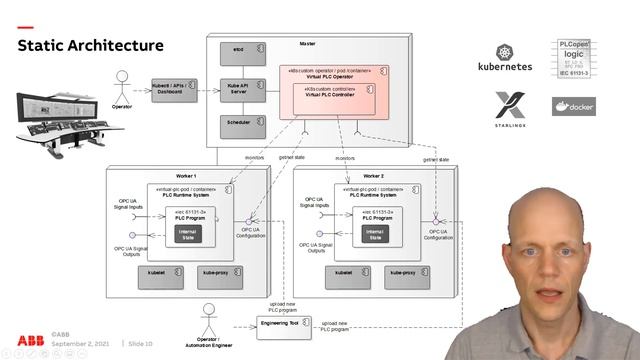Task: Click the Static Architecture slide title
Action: pyautogui.click(x=90, y=45)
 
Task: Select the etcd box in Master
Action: pyautogui.click(x=238, y=49)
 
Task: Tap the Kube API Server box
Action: pyautogui.click(x=239, y=89)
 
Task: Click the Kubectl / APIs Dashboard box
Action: pyautogui.click(x=173, y=89)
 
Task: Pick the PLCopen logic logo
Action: pyautogui.click(x=576, y=59)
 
